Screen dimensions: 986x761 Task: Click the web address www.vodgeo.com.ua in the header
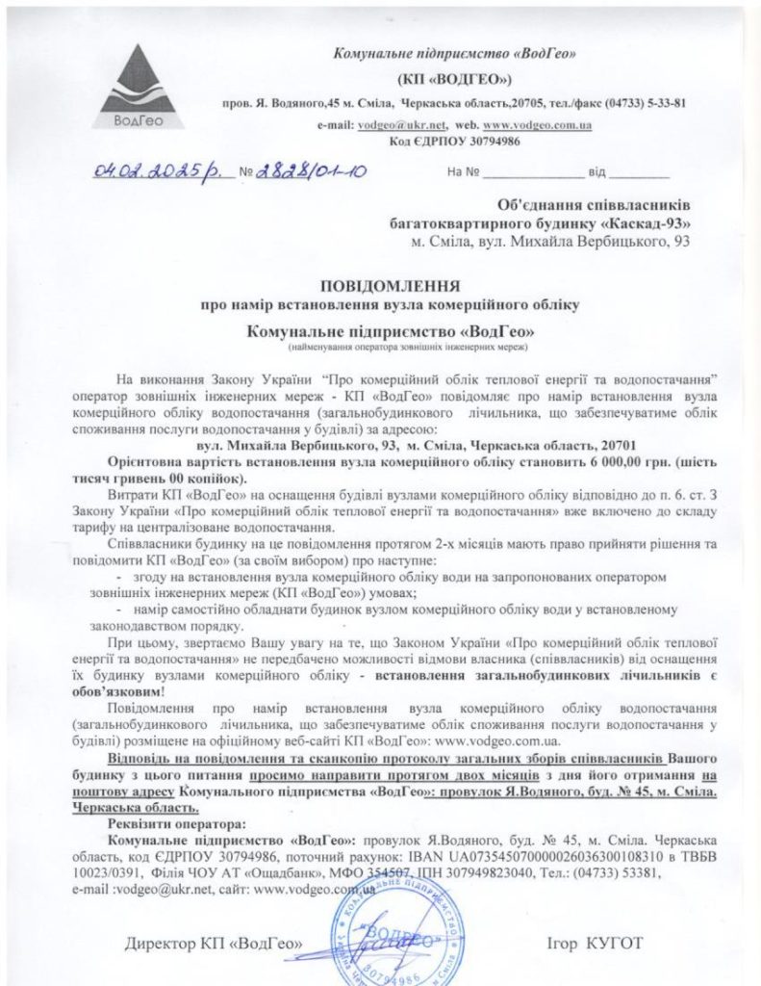(x=536, y=125)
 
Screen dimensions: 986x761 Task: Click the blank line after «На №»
(x=532, y=175)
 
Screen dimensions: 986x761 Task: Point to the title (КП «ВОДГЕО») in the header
(x=453, y=79)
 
